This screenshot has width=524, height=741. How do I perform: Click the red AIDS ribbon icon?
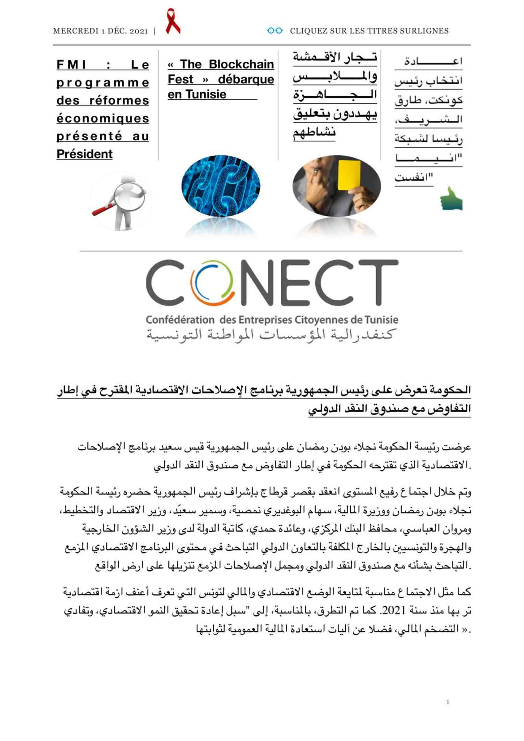172,22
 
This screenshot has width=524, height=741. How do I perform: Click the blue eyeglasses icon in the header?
275,30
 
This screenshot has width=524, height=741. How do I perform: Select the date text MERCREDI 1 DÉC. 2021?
100,31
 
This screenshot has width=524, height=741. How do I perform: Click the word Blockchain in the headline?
241,64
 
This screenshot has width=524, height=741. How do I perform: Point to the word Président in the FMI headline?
85,154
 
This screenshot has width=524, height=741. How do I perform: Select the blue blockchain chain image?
220,185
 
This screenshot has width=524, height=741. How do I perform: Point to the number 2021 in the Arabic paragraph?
395,610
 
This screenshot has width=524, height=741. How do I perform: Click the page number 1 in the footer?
447,702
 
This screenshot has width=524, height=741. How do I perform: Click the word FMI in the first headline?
72,65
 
